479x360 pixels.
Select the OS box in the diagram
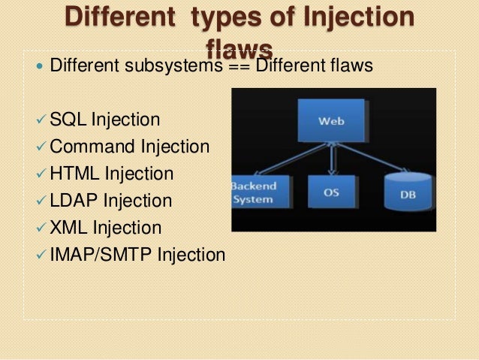[x=331, y=192]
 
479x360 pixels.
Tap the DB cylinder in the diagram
[x=407, y=194]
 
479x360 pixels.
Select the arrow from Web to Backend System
[x=289, y=159]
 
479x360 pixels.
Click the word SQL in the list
[x=68, y=119]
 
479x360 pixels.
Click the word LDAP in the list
[x=74, y=201]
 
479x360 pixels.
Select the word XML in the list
[x=69, y=228]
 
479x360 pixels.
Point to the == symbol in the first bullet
[x=238, y=66]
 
